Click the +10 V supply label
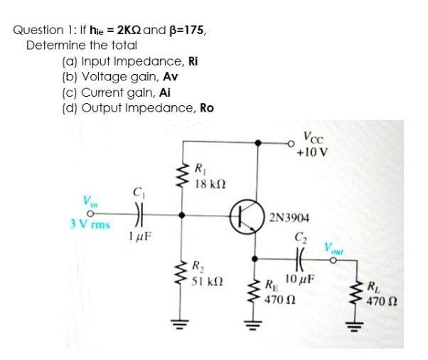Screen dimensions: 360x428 point(311,152)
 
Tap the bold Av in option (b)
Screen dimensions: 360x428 point(171,77)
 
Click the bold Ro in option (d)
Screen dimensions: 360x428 point(206,108)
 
